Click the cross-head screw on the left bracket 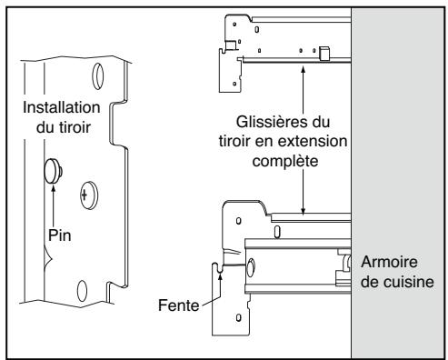[85, 193]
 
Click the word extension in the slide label [317, 141]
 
